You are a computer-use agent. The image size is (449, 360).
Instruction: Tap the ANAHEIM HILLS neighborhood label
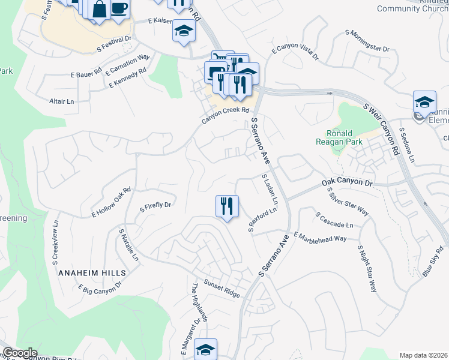pyautogui.click(x=92, y=272)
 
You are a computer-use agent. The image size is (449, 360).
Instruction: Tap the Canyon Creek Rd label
pyautogui.click(x=225, y=113)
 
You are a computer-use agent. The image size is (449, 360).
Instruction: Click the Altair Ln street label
pyautogui.click(x=61, y=101)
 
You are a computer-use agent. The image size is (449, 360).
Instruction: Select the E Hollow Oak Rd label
pyautogui.click(x=111, y=203)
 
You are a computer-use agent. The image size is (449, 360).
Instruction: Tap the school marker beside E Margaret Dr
pyautogui.click(x=205, y=349)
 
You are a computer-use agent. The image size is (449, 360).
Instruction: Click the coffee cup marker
pyautogui.click(x=119, y=9)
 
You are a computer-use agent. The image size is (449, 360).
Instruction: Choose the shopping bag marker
pyautogui.click(x=100, y=10)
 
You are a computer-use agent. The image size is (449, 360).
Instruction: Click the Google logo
pyautogui.click(x=19, y=353)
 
